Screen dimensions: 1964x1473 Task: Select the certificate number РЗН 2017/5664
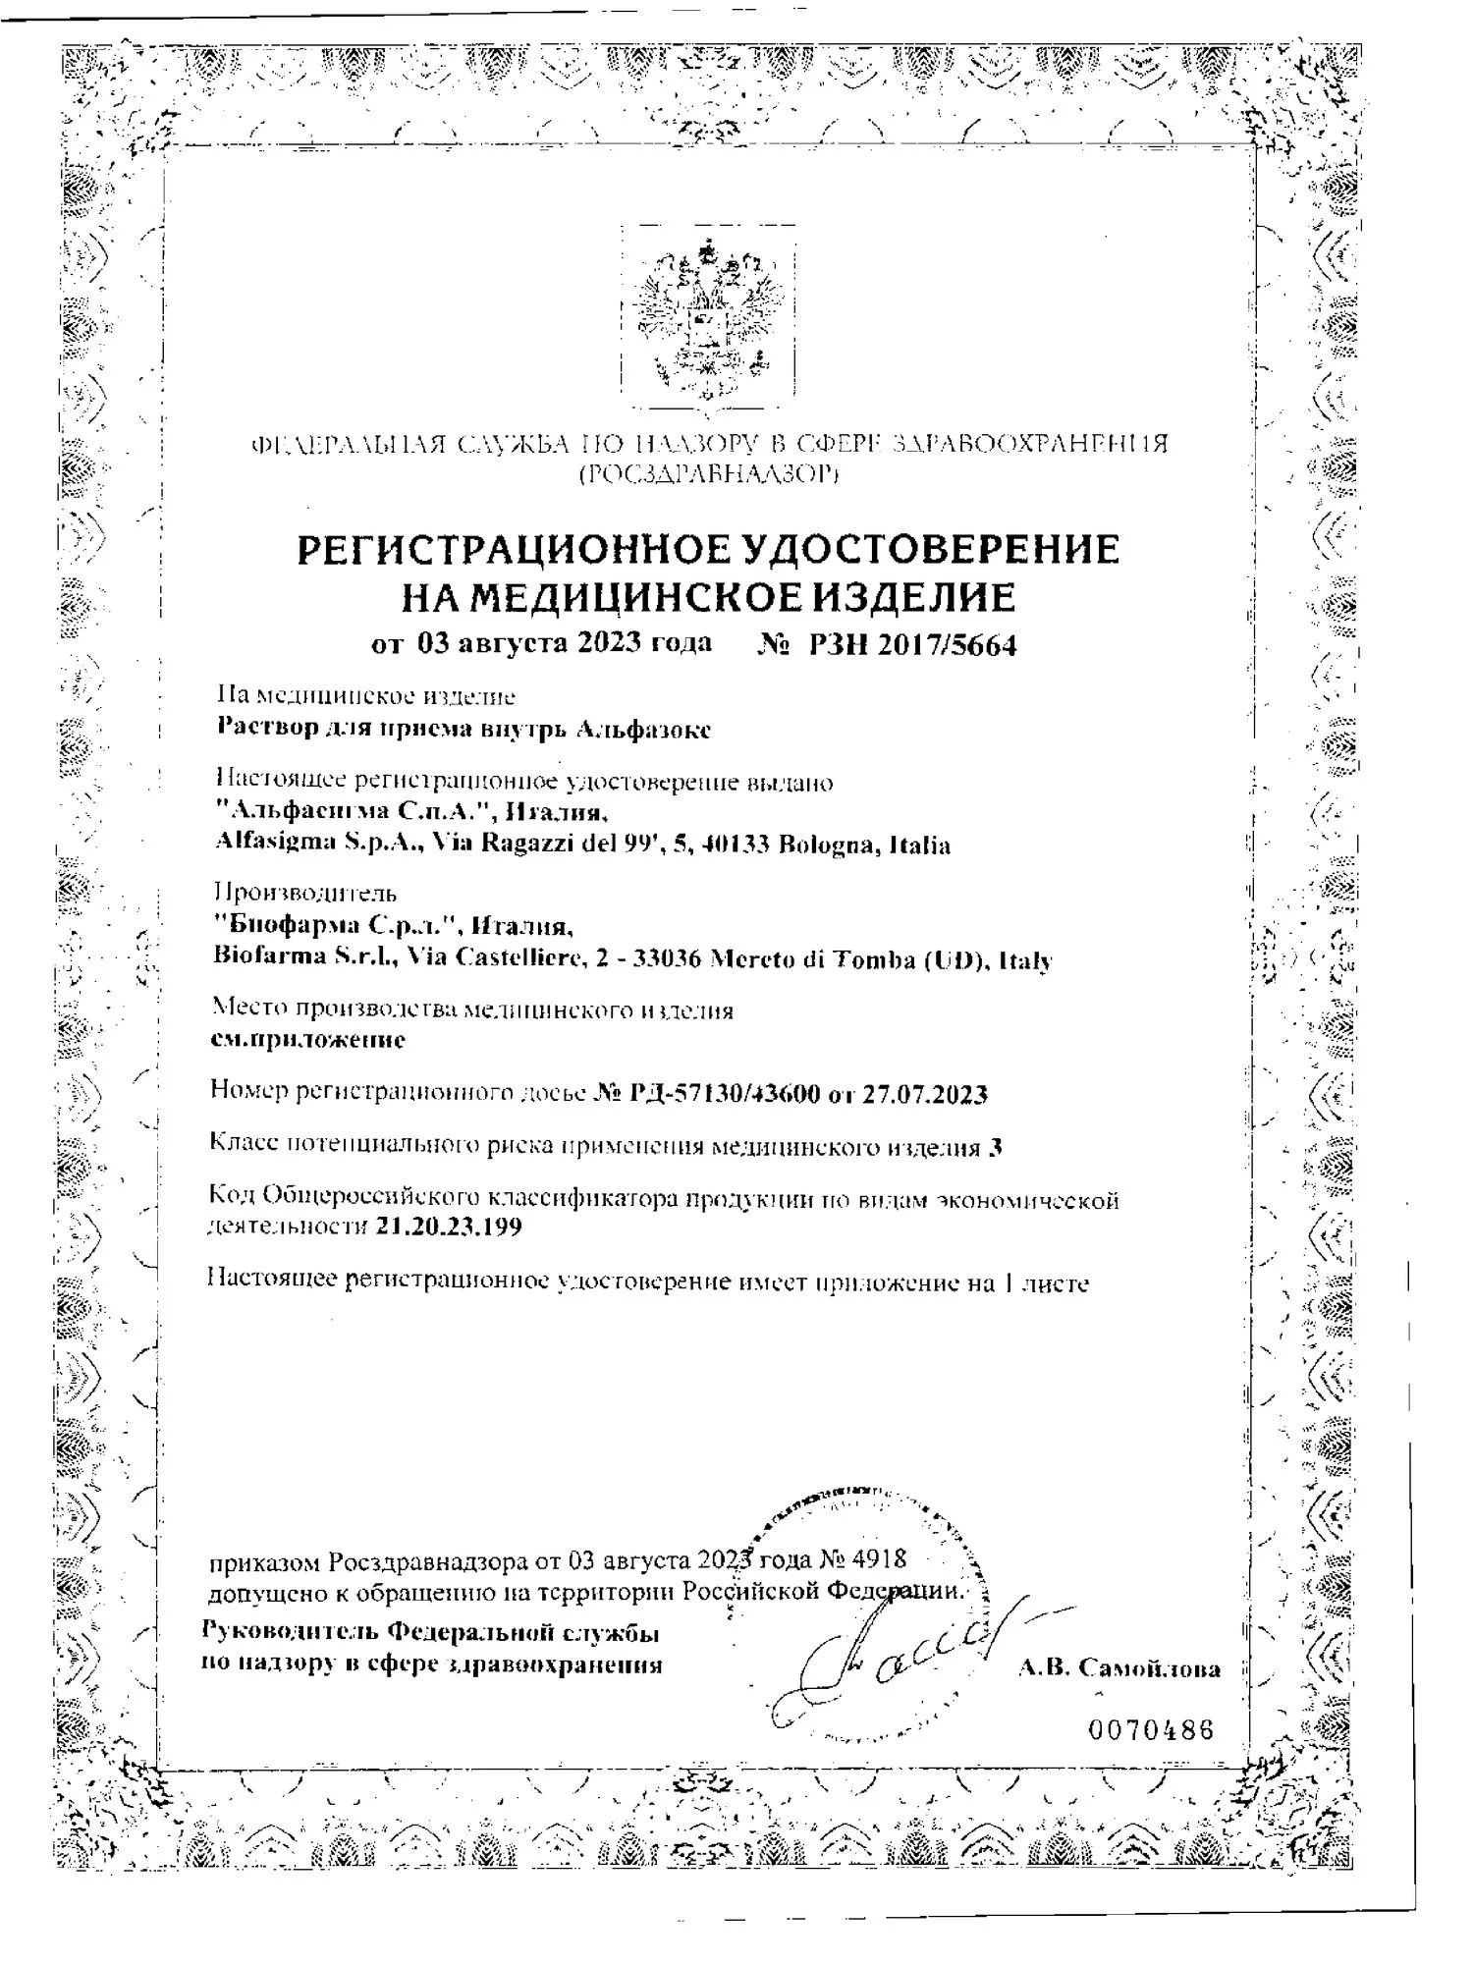(x=913, y=645)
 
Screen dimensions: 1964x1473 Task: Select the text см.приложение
(x=308, y=1039)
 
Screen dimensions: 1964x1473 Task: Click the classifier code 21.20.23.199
(x=449, y=1227)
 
